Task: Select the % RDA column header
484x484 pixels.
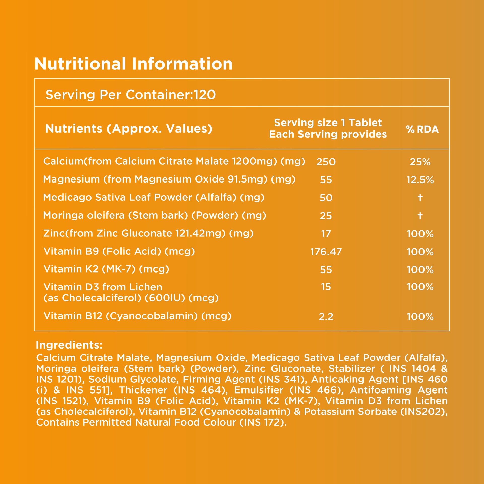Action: pyautogui.click(x=422, y=129)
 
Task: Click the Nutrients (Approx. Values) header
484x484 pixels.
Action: pyautogui.click(x=129, y=129)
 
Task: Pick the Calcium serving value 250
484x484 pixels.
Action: pyautogui.click(x=326, y=162)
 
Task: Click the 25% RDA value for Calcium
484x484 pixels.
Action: pyautogui.click(x=420, y=162)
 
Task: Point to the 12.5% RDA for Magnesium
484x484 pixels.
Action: pyautogui.click(x=420, y=180)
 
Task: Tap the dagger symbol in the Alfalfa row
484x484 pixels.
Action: pyautogui.click(x=420, y=197)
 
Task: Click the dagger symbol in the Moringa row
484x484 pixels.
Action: pyautogui.click(x=420, y=216)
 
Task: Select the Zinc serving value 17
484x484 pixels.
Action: pyautogui.click(x=326, y=234)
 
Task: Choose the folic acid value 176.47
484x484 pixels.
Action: pyautogui.click(x=326, y=252)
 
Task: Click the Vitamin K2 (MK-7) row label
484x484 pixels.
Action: pyautogui.click(x=106, y=269)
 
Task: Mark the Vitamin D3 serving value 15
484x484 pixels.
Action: pyautogui.click(x=326, y=287)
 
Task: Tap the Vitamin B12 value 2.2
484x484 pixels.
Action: pyautogui.click(x=326, y=317)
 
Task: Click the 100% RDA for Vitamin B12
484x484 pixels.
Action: pyautogui.click(x=420, y=317)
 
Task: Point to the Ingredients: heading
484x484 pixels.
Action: pyautogui.click(x=69, y=345)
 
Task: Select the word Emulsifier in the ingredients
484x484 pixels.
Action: pyautogui.click(x=259, y=390)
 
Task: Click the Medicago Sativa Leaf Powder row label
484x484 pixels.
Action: pyautogui.click(x=154, y=197)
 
